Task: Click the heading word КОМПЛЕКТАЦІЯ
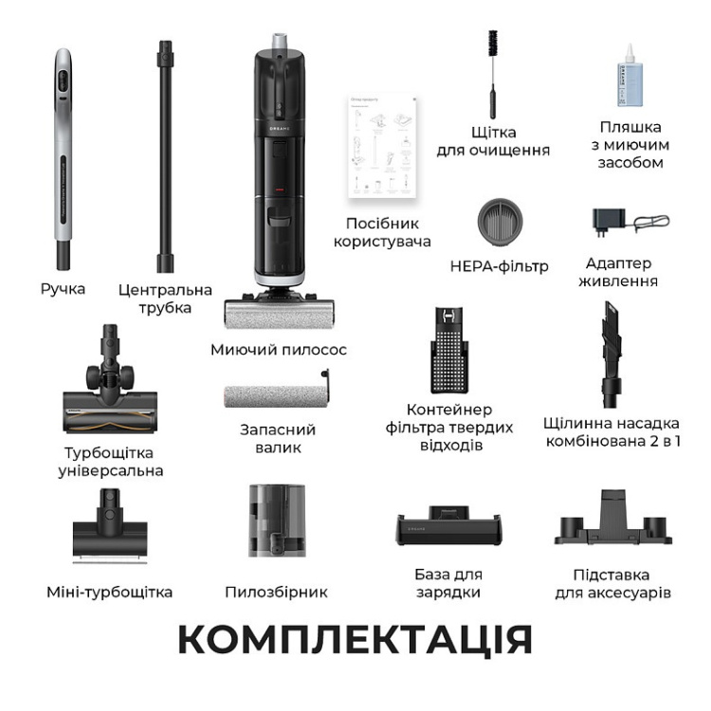pyautogui.click(x=355, y=640)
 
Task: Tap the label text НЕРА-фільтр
pyautogui.click(x=500, y=266)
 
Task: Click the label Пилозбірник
pyautogui.click(x=276, y=592)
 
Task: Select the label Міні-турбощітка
pyautogui.click(x=110, y=592)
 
